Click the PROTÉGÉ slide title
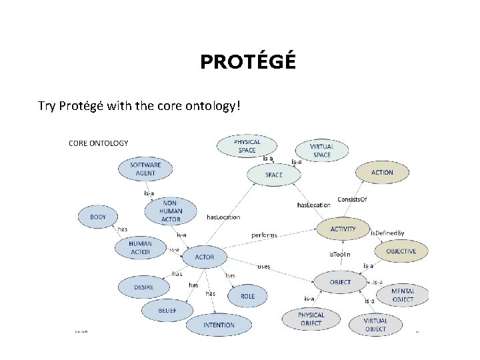tap(247, 62)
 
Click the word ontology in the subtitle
tap(207, 106)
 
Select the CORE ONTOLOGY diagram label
tap(99, 143)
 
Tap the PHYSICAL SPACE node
tap(247, 146)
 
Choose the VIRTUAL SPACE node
tap(321, 150)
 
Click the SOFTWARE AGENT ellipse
tap(145, 169)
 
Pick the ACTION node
tap(382, 172)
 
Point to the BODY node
tap(98, 217)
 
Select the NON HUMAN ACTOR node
tap(171, 211)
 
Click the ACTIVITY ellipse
tap(343, 229)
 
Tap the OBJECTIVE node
tap(401, 251)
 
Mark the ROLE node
tap(247, 296)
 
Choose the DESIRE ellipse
tap(143, 287)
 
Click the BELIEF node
tap(167, 311)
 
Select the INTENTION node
tap(219, 325)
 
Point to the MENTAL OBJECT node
tap(403, 295)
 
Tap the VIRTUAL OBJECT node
tap(375, 325)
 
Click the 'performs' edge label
tap(264, 235)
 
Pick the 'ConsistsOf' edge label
tap(352, 199)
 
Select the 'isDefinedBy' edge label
tap(387, 233)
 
